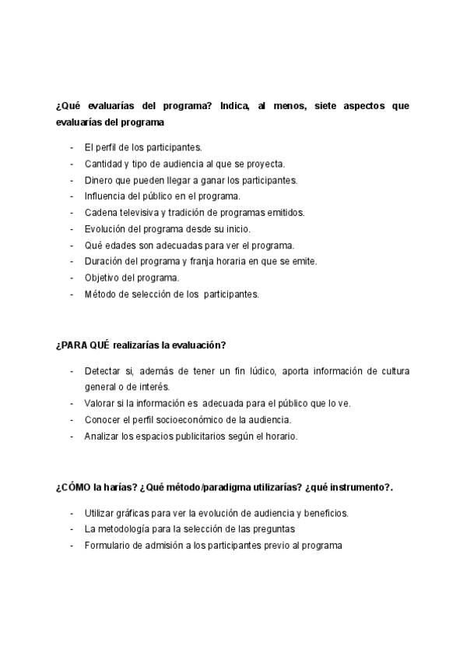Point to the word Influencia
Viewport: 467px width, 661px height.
(x=105, y=196)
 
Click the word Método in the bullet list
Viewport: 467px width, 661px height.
(x=100, y=295)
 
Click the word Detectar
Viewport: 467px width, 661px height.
(x=103, y=370)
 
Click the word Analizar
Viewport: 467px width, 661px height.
(x=101, y=436)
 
